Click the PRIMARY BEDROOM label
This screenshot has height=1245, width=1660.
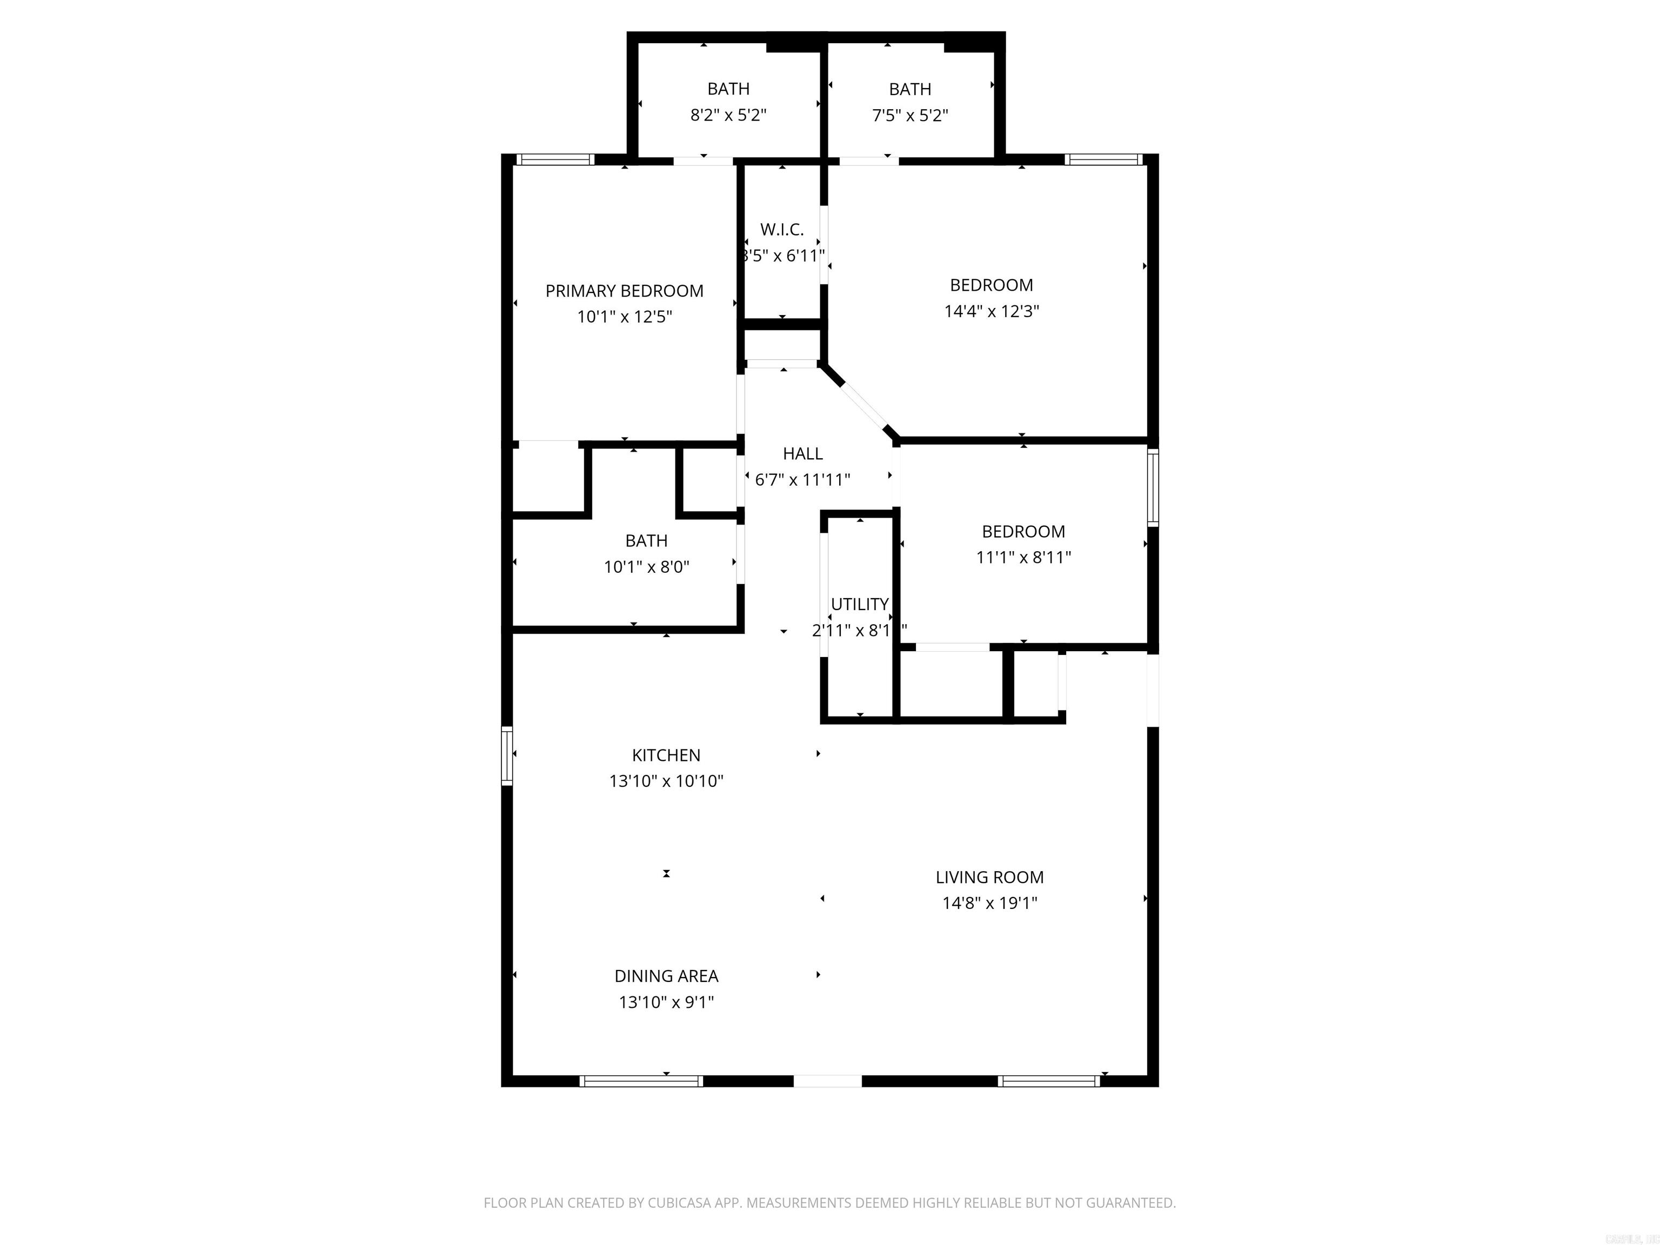tap(624, 291)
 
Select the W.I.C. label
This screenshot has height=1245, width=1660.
tap(781, 230)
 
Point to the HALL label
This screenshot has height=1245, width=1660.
tap(802, 454)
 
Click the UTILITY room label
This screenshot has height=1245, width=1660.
tap(859, 604)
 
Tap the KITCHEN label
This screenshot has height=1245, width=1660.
tap(666, 755)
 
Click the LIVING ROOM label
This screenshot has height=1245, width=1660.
tap(989, 877)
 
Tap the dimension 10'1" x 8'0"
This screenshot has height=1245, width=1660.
tap(646, 567)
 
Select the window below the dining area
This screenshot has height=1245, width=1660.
tap(641, 1081)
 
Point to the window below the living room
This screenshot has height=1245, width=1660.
tap(1048, 1081)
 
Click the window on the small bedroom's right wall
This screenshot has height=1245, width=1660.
tap(1153, 486)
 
